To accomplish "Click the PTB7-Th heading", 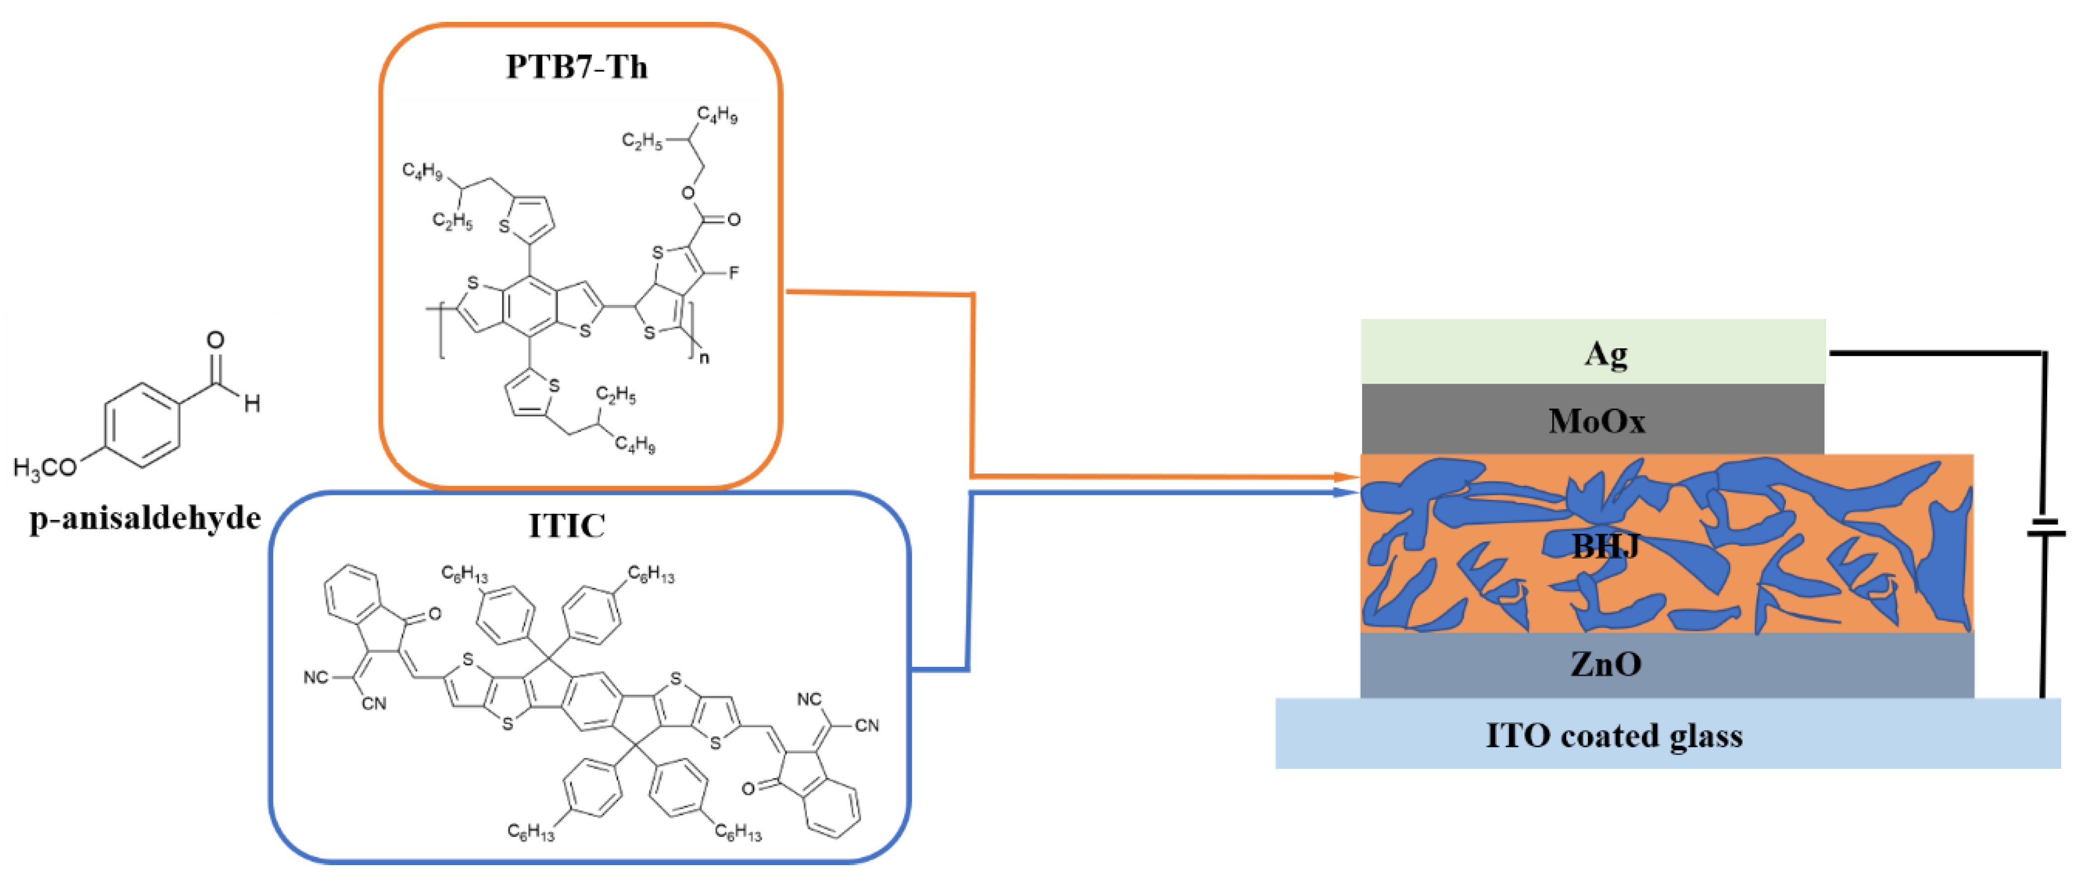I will click(576, 66).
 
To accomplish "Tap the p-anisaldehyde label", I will click(146, 517).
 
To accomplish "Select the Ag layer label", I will click(1604, 353).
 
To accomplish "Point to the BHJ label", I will click(1605, 547).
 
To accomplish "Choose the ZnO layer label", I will click(1605, 664).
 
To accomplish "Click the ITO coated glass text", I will click(1613, 735).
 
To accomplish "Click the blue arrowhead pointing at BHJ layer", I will click(1348, 491).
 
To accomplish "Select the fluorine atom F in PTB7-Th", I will click(733, 272).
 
